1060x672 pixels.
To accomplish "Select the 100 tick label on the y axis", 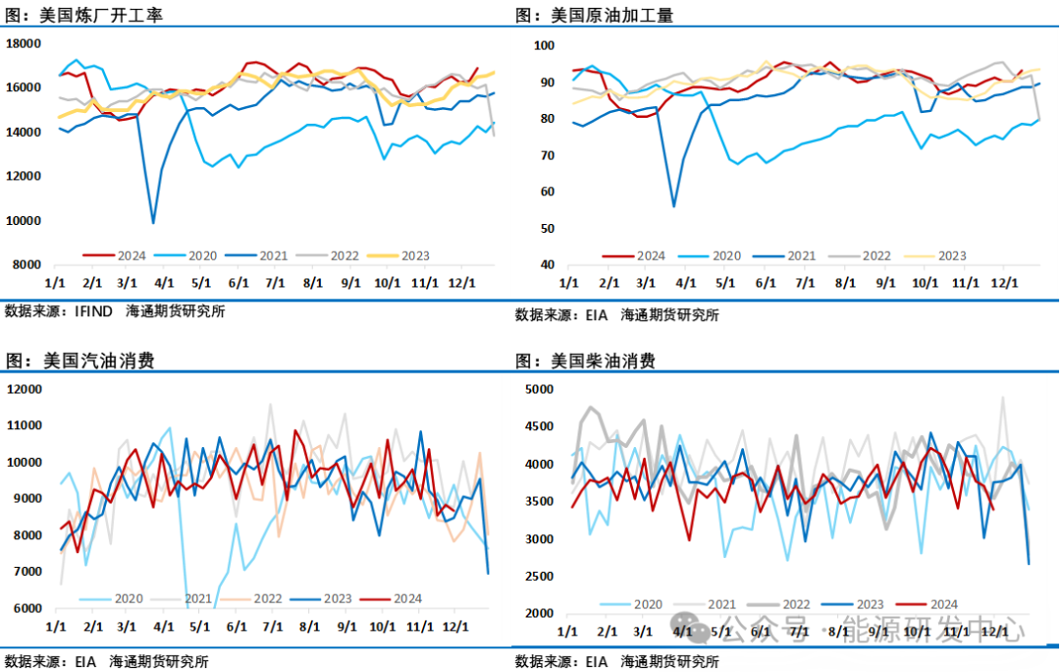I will pyautogui.click(x=544, y=46).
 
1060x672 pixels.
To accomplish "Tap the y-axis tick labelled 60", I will pyautogui.click(x=547, y=193).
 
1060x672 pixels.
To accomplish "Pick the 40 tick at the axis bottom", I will pyautogui.click(x=547, y=265).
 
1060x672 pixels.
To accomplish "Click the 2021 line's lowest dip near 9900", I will pyautogui.click(x=153, y=223).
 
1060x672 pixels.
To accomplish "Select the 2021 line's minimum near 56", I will pyautogui.click(x=673, y=206).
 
